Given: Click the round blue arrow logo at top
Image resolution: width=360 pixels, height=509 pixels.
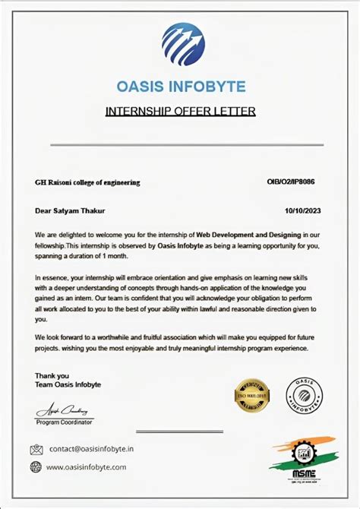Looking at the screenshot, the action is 183,44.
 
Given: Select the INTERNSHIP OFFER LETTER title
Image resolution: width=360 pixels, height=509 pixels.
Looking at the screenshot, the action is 180,112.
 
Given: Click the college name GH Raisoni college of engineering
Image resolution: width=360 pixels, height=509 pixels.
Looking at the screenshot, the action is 87,182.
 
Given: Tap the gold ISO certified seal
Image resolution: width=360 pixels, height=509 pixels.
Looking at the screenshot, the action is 252,395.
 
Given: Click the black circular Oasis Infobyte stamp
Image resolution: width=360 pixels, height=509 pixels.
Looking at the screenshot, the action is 304,395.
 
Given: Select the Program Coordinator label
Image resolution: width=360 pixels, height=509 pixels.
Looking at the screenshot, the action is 65,421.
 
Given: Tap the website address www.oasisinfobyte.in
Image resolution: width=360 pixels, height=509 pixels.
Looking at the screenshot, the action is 87,467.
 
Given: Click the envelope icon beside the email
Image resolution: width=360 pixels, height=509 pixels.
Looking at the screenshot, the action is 36,449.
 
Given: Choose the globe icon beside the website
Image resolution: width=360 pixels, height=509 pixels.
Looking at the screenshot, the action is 36,467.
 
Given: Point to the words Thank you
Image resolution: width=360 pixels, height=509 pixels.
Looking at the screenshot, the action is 52,375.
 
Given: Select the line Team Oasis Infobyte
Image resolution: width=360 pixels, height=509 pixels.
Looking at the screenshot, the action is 68,385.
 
